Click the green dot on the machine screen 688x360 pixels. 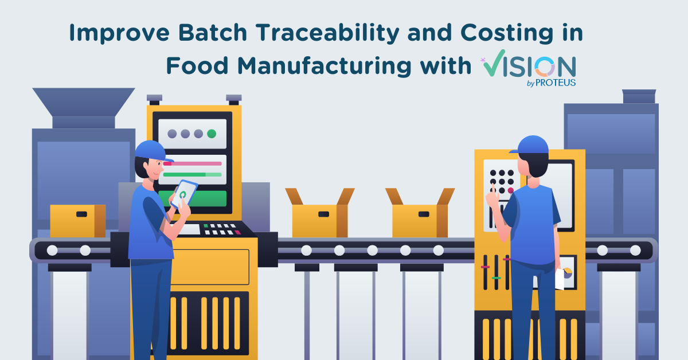point(212,134)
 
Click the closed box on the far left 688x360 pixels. point(77,221)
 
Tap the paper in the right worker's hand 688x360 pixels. point(560,280)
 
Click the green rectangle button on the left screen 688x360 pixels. point(193,198)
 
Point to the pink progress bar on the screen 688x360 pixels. point(193,163)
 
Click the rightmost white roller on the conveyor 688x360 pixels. point(635,250)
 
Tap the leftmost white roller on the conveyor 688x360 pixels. point(52,250)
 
